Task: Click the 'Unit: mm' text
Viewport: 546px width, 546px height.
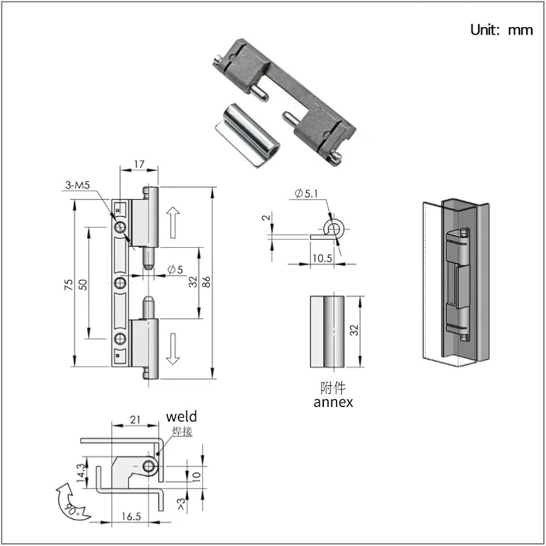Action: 501,29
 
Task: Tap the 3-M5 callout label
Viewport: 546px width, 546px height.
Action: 78,185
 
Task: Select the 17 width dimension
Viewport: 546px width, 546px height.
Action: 139,164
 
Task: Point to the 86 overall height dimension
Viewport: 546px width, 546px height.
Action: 206,282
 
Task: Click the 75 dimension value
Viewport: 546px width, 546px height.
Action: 69,284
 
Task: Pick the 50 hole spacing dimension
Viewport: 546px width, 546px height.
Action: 83,284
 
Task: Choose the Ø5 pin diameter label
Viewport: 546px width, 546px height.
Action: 175,269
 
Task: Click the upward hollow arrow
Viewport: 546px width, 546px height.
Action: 173,223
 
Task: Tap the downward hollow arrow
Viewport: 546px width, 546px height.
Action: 173,349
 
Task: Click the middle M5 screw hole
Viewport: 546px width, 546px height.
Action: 121,283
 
